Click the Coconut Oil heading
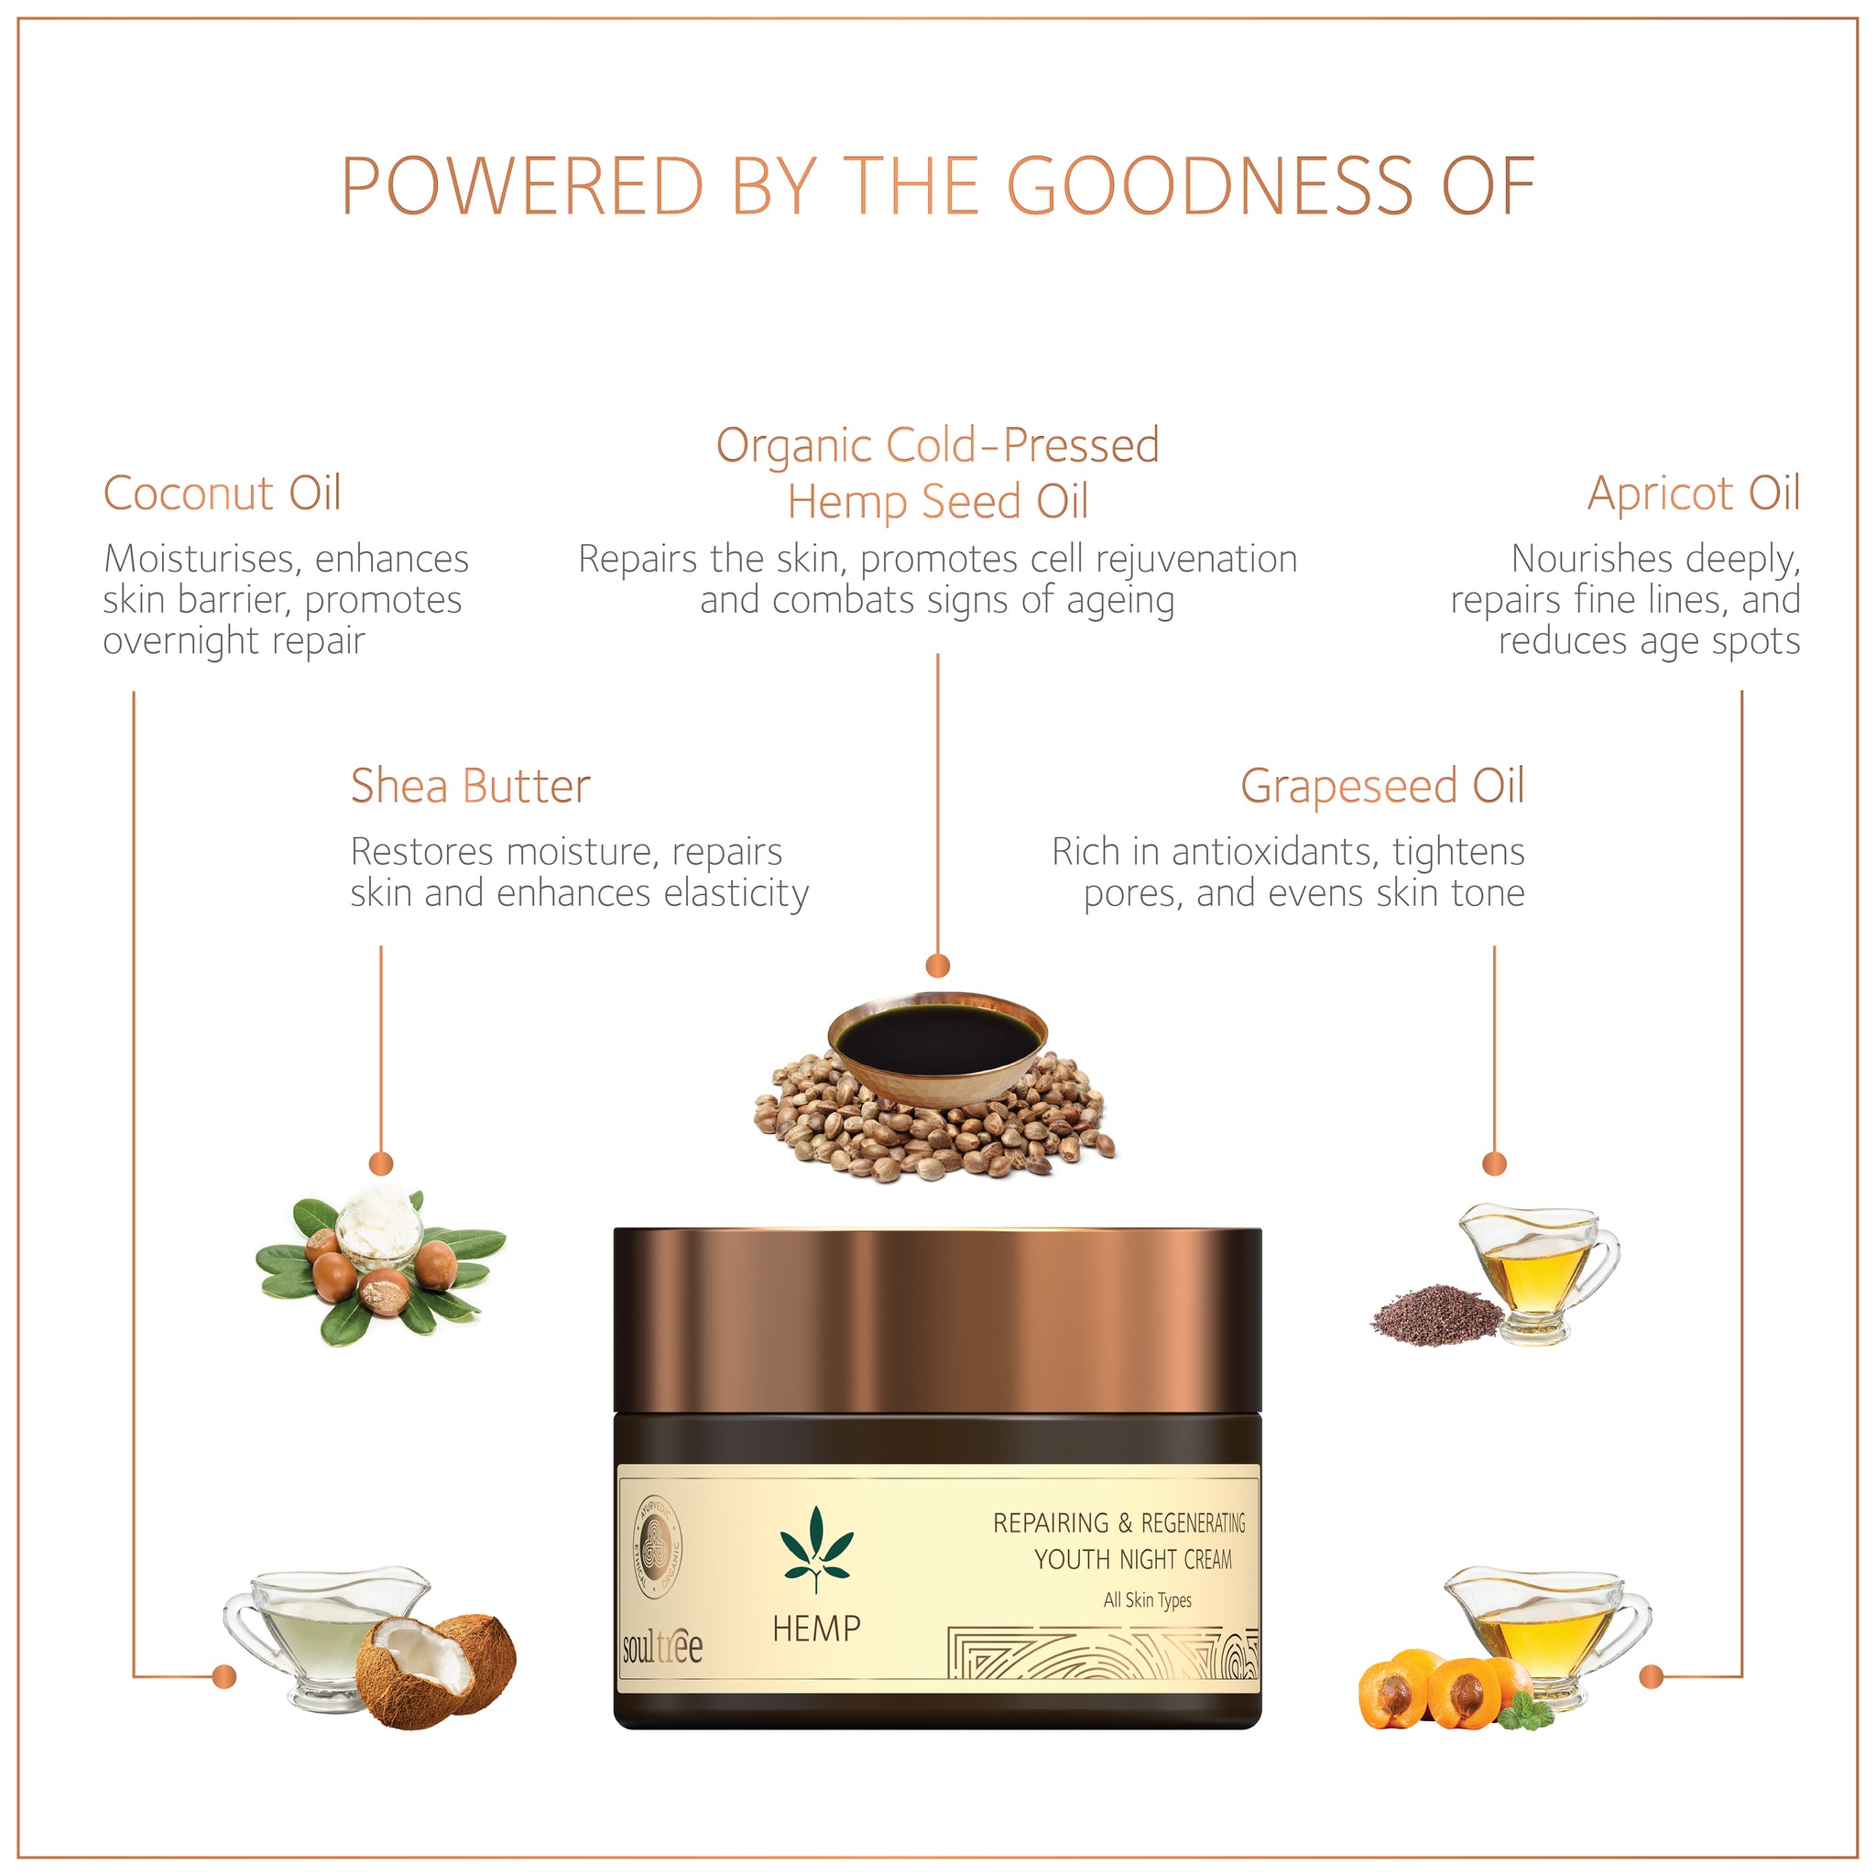click(x=223, y=494)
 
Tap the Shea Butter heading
click(x=470, y=786)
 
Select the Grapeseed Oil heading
click(x=1382, y=787)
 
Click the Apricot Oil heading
click(x=1694, y=495)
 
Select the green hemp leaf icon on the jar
click(x=816, y=1547)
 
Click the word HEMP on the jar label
click(x=816, y=1629)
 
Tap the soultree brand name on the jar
click(x=662, y=1647)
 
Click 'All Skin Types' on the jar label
click(x=1147, y=1600)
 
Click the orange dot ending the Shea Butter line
click(x=381, y=1163)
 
